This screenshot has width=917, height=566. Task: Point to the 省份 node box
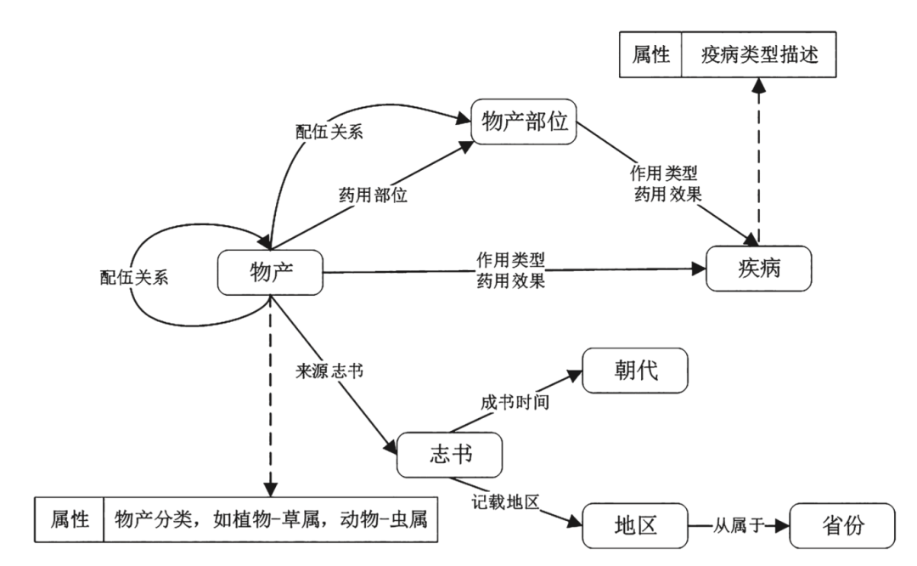pyautogui.click(x=842, y=524)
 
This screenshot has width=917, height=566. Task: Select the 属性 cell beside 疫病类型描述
pyautogui.click(x=651, y=56)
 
